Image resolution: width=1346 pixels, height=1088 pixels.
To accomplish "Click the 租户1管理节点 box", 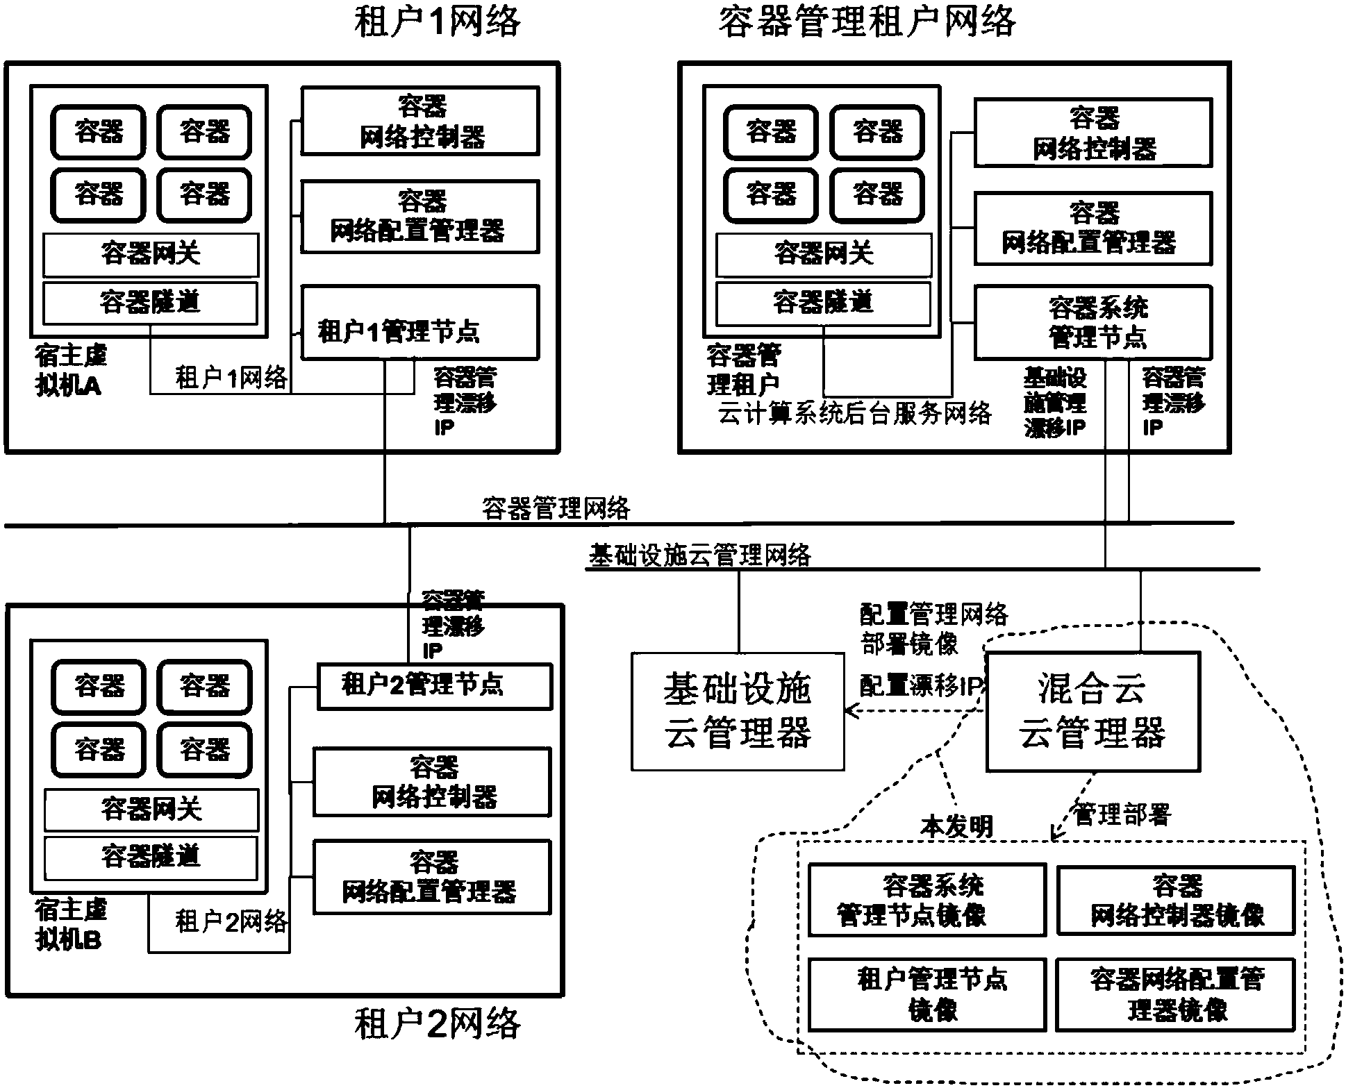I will coord(419,323).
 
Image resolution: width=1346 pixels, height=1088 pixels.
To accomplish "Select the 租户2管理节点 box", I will coord(434,686).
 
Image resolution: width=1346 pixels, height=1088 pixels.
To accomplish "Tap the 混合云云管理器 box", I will coord(1092,711).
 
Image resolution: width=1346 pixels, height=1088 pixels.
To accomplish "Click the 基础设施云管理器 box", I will coord(738,711).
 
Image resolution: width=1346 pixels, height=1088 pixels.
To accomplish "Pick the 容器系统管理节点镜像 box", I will coord(927,900).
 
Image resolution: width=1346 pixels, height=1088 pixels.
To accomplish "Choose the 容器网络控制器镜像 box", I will coord(1176,900).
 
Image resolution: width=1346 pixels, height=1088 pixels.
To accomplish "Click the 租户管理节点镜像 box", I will coord(927,994).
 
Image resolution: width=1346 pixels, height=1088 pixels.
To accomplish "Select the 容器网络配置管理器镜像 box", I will coord(1176,994).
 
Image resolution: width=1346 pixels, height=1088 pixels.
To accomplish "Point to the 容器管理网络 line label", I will coord(556,508).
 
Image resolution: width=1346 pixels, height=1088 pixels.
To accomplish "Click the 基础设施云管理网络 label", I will coord(699,555).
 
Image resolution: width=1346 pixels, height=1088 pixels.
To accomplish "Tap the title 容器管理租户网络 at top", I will coord(866,21).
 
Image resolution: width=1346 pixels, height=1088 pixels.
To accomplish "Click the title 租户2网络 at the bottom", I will coord(437,1023).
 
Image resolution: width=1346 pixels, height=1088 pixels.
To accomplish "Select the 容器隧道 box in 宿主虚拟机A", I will coord(150,303).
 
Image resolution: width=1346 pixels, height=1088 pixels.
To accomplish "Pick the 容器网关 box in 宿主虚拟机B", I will coord(151,810).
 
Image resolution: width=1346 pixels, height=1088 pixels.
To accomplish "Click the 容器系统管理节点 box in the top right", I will coord(1093,323).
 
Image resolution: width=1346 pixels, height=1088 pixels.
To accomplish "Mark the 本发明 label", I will coord(956,826).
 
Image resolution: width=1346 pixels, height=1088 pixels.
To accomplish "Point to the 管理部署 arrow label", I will coord(1122,814).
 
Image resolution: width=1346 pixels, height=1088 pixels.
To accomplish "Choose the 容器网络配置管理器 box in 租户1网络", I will coord(419,217).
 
